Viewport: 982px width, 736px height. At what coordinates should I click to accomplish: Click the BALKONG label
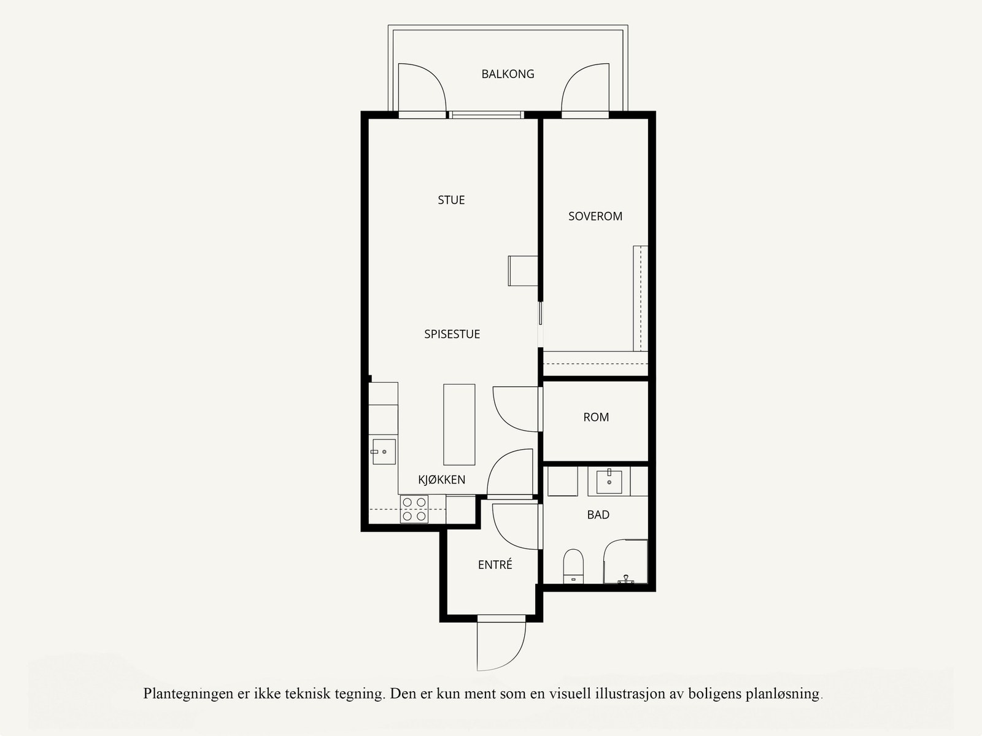click(508, 74)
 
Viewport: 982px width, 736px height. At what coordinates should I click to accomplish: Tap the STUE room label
click(451, 200)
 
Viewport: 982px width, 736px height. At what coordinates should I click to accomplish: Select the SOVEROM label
click(595, 216)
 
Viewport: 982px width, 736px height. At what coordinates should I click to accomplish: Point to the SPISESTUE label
click(452, 334)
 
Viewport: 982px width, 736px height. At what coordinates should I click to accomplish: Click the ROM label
click(596, 417)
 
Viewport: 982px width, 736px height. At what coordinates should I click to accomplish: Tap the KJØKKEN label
click(441, 480)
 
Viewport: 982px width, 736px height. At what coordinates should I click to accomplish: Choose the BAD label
click(598, 515)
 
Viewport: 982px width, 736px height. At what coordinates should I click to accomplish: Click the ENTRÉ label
click(495, 565)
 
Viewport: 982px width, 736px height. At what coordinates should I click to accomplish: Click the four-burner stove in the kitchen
click(414, 509)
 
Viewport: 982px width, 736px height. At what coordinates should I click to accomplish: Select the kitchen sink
click(384, 452)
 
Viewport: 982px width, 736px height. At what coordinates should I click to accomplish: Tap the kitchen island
click(459, 425)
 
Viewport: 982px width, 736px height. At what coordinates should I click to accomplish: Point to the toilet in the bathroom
click(573, 566)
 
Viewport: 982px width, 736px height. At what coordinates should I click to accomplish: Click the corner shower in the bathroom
click(626, 562)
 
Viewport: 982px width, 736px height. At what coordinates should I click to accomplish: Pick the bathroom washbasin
click(609, 482)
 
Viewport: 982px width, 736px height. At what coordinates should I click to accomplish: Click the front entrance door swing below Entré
click(500, 645)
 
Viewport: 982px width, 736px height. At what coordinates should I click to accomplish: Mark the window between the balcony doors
click(485, 114)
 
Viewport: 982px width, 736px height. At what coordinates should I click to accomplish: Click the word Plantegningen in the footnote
click(188, 694)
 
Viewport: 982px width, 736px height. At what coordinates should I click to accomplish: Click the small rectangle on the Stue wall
click(523, 271)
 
